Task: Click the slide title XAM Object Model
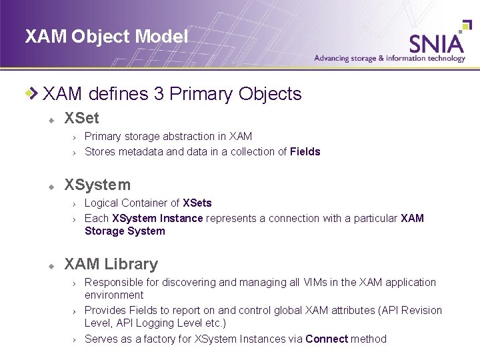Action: [107, 37]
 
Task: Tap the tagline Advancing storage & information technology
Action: [389, 59]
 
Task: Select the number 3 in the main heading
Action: [158, 94]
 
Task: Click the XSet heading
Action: [81, 119]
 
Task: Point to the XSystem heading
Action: [97, 185]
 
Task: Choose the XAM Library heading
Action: [111, 265]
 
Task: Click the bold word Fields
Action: [305, 152]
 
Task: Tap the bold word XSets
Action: [197, 203]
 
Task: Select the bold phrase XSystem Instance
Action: [157, 219]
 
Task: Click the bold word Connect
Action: [327, 339]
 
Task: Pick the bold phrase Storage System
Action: [125, 231]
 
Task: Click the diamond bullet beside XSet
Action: [50, 120]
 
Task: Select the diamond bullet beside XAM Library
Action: [50, 266]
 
